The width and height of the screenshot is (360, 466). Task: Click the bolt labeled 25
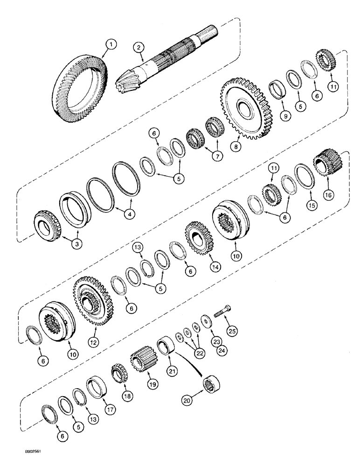click(222, 315)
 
